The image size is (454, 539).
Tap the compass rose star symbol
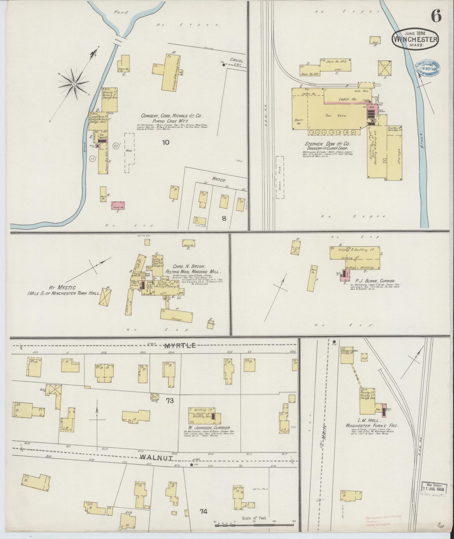tap(74, 84)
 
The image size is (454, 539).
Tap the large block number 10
tap(166, 142)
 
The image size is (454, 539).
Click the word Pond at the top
tap(121, 12)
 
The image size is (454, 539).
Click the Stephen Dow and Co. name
tap(328, 144)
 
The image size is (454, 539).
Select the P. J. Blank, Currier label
tap(376, 281)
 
